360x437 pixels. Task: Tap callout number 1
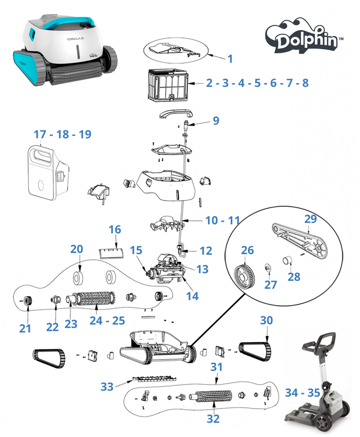(x=230, y=59)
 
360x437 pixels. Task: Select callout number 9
(x=216, y=121)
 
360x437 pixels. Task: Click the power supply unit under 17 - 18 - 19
(x=48, y=173)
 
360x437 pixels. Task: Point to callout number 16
(x=115, y=230)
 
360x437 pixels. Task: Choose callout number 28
(x=294, y=277)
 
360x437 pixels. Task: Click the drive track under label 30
(x=255, y=352)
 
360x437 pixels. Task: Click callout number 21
(x=25, y=329)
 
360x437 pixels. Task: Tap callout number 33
(x=107, y=387)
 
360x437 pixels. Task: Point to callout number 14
(x=192, y=296)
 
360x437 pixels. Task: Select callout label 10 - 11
(x=223, y=220)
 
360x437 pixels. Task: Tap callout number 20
(x=76, y=249)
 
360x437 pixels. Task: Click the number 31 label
(x=217, y=367)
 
